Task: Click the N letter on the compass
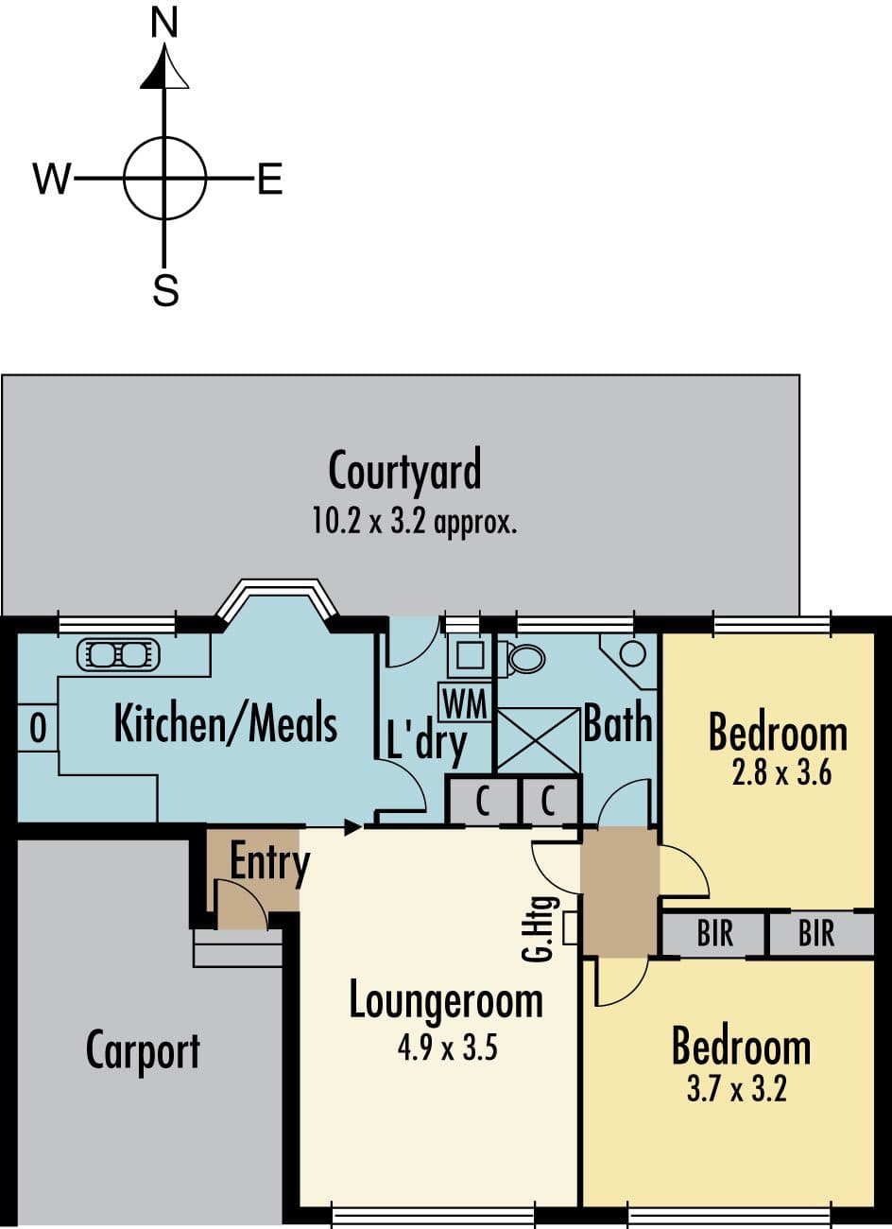coord(164,25)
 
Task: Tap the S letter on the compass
coord(165,289)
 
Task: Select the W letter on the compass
coord(53,179)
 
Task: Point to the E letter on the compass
coord(270,179)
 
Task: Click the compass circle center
coord(164,179)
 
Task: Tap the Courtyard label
coord(404,470)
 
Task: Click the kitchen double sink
coord(118,654)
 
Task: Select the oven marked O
coord(38,728)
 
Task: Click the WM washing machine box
coord(464,702)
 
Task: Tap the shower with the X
coord(538,741)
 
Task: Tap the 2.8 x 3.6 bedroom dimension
coord(781,773)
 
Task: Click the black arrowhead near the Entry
coord(352,827)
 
